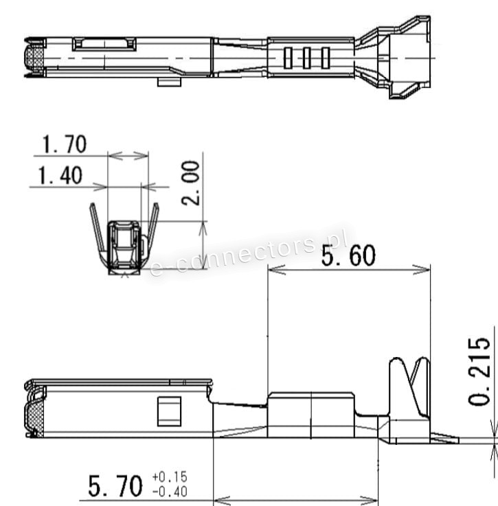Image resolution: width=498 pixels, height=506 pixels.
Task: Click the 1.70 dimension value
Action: (64, 145)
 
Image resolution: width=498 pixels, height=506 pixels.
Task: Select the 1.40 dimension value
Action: (60, 176)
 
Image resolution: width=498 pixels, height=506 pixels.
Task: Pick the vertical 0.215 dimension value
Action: (479, 371)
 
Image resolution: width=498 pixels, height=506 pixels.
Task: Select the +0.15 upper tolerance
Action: (169, 477)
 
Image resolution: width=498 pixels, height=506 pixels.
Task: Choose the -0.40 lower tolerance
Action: (169, 492)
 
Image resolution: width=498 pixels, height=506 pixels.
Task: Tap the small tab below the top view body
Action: (168, 82)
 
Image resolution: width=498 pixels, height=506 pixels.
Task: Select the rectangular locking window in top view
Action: (104, 45)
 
